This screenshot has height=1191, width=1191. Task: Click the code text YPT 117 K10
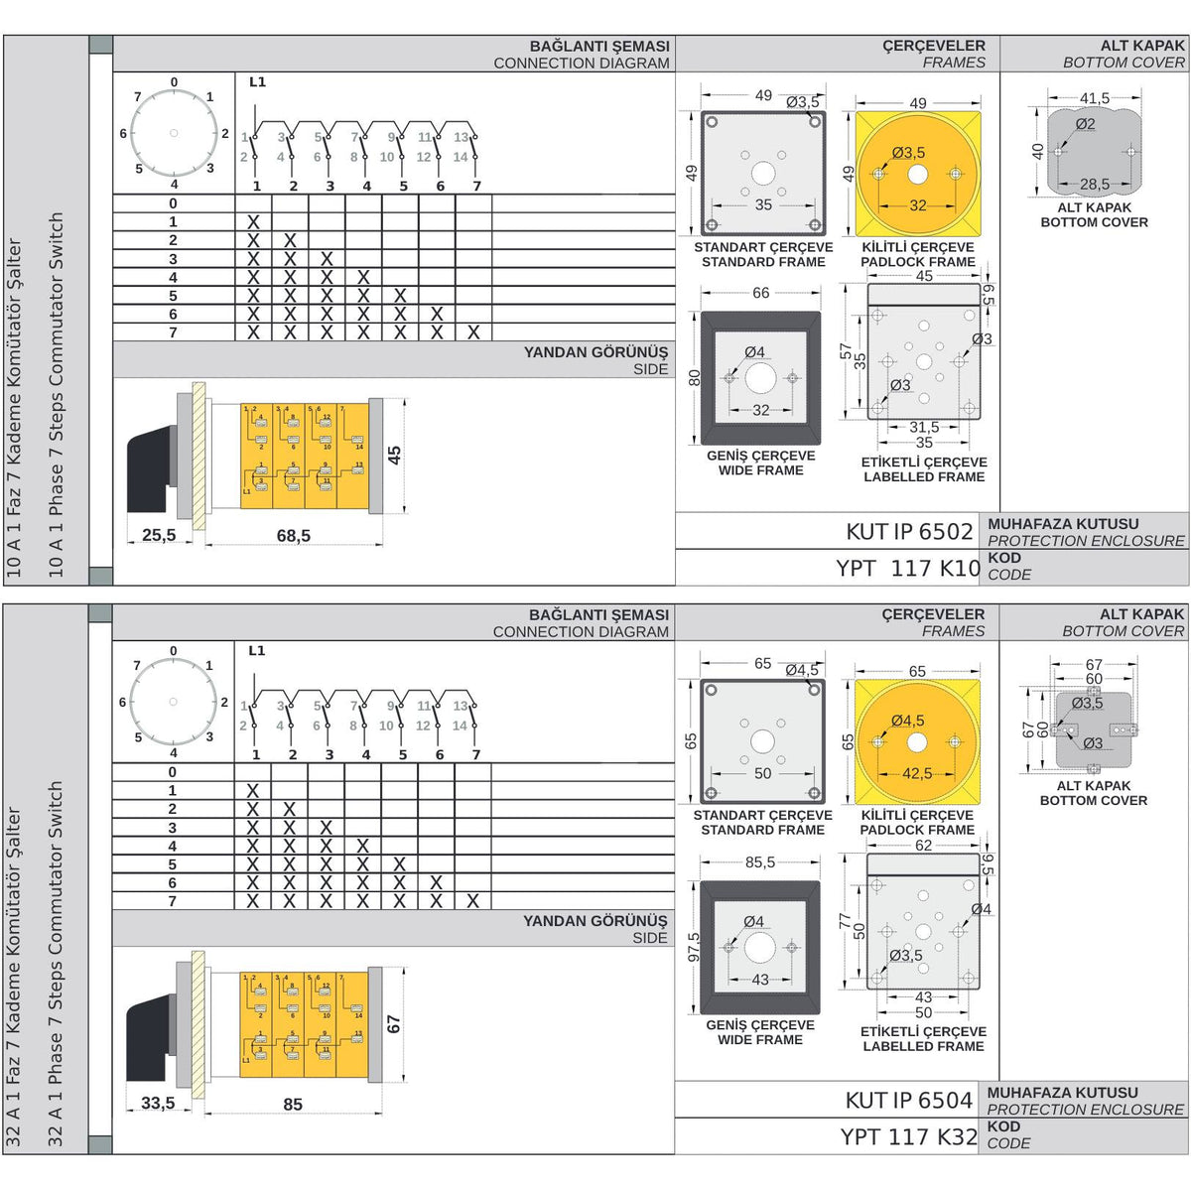[907, 568]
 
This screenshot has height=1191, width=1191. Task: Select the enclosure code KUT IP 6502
[909, 531]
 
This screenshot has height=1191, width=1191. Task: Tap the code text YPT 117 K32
[908, 1136]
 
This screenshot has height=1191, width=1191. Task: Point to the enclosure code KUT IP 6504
[908, 1100]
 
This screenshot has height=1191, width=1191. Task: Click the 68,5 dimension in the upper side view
[294, 536]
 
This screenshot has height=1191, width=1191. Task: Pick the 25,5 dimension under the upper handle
[159, 536]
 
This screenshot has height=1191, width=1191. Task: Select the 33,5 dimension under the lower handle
[158, 1103]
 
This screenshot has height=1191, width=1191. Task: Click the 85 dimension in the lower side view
[293, 1105]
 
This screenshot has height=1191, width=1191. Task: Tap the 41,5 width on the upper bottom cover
[1095, 98]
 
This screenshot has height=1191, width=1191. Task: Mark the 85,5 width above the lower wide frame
[760, 862]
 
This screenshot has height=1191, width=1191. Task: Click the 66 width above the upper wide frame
[761, 293]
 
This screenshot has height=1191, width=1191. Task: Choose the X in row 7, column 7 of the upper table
[473, 332]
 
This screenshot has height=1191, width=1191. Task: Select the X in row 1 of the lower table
[253, 791]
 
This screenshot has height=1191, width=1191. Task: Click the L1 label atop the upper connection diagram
[257, 82]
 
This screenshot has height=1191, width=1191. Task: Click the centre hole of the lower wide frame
[760, 948]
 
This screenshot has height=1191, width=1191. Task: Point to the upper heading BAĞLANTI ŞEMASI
[599, 46]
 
